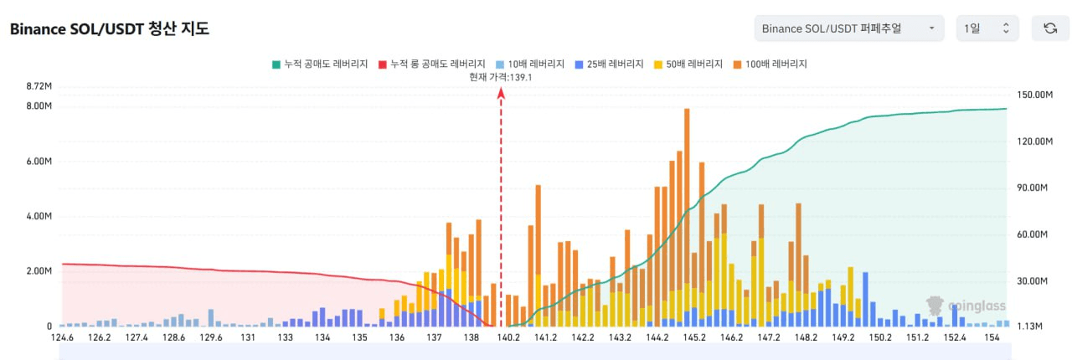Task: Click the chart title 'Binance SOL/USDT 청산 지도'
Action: click(x=109, y=28)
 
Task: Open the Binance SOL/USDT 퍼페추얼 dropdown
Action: click(x=848, y=28)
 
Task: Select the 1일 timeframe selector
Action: click(x=987, y=28)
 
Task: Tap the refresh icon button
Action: click(x=1050, y=28)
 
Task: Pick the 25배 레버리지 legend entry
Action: click(x=609, y=64)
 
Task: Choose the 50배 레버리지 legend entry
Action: click(x=688, y=64)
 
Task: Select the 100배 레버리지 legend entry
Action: click(x=770, y=64)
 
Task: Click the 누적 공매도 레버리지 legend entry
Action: click(x=320, y=64)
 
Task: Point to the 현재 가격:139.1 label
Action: click(x=501, y=77)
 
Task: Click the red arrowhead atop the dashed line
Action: click(x=501, y=94)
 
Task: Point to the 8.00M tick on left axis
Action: click(x=39, y=106)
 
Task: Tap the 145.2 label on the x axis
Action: click(x=694, y=338)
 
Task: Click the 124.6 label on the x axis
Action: click(x=62, y=338)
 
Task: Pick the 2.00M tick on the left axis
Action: click(x=39, y=271)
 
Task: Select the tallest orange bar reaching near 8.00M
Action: click(x=687, y=167)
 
